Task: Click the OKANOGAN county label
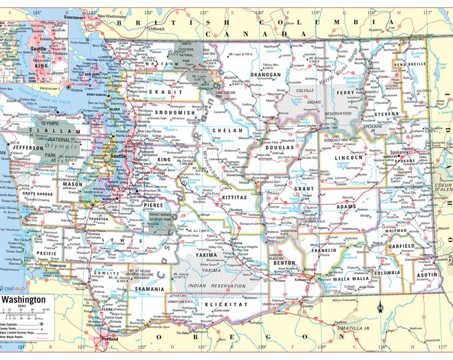265,75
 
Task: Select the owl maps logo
15,288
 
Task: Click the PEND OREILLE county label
412,65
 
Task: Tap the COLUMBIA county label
387,272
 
